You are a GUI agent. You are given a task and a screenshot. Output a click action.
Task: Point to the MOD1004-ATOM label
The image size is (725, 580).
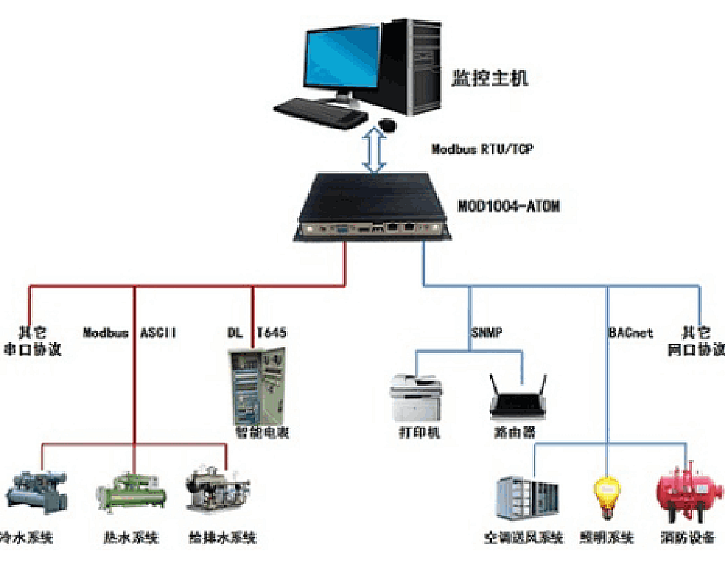(509, 207)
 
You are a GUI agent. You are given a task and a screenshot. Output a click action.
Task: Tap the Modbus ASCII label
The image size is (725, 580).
(130, 333)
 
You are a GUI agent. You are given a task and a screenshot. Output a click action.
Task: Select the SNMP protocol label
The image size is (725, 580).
(486, 333)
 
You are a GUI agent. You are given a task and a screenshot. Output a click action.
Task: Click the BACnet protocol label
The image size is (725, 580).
(630, 333)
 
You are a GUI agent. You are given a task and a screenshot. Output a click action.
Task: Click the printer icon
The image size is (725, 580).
(417, 397)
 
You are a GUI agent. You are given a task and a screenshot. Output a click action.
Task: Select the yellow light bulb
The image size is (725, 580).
(606, 495)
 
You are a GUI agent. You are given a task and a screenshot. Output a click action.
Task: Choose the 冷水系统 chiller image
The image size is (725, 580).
(36, 493)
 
